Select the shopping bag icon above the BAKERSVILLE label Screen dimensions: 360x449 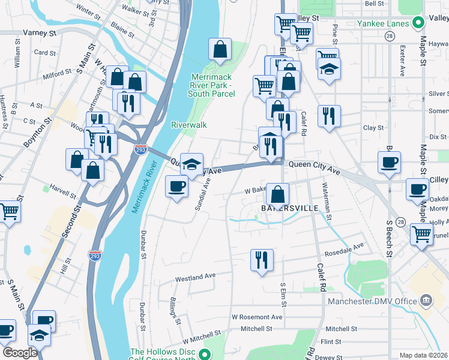[277, 194]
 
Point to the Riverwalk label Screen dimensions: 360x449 [188, 125]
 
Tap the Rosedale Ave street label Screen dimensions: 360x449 [343, 247]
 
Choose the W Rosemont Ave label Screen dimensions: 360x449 [257, 317]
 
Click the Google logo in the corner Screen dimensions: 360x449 [20, 353]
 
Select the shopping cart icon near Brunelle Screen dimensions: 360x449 [421, 234]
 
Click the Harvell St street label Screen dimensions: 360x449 [64, 196]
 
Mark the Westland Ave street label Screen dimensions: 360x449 [195, 278]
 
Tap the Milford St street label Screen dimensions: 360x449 [57, 74]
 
